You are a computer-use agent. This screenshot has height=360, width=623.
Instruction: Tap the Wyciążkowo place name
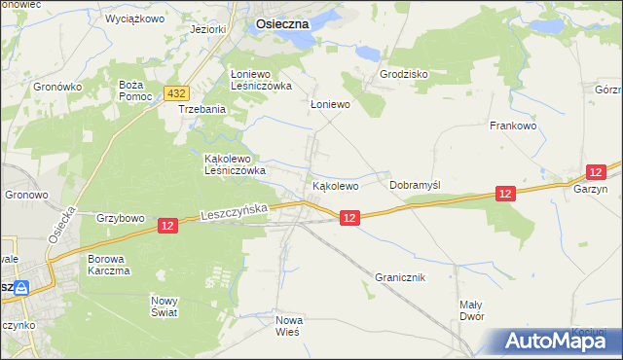click(x=133, y=18)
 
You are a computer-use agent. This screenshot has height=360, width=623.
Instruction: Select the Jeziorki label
click(x=208, y=29)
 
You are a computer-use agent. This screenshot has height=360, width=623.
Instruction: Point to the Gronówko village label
click(x=55, y=87)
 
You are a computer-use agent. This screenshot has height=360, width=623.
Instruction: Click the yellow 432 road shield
click(x=175, y=93)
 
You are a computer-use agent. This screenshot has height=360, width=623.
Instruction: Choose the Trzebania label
click(x=202, y=109)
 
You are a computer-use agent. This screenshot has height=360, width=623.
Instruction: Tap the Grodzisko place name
click(x=403, y=74)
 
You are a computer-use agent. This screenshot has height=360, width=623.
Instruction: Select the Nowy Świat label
click(x=165, y=306)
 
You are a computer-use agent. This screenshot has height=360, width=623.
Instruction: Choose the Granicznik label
click(x=400, y=277)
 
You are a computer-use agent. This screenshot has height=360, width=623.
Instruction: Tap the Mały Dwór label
click(x=471, y=310)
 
